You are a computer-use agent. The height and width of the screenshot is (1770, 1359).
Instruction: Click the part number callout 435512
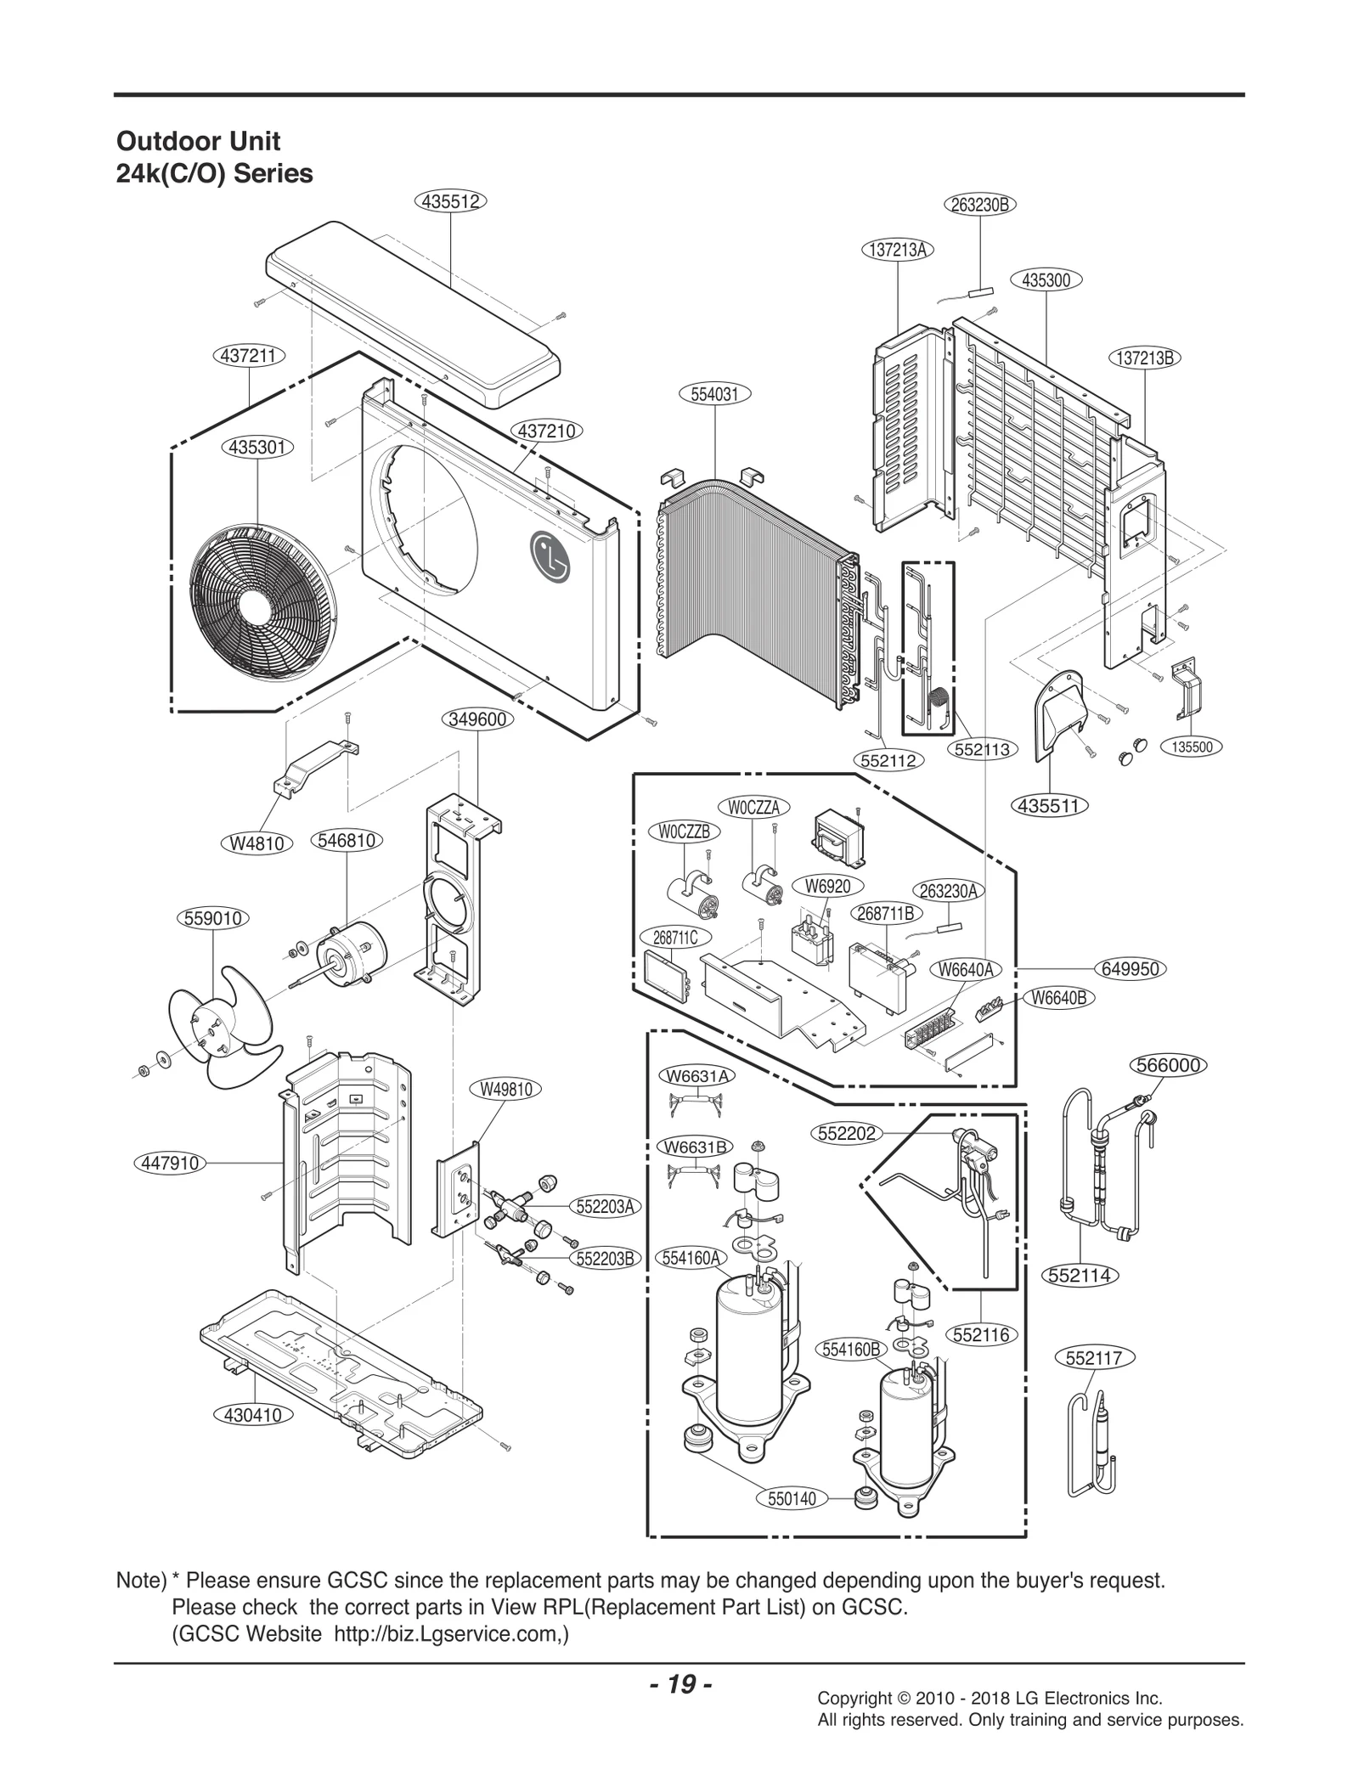tap(450, 201)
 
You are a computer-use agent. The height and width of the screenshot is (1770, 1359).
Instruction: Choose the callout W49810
tap(505, 1089)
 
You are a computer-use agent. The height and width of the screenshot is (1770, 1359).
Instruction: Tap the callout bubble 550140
tap(792, 1498)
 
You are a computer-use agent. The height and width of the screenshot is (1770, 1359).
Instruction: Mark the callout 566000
tap(1168, 1065)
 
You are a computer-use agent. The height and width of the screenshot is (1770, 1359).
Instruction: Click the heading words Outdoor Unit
tap(198, 141)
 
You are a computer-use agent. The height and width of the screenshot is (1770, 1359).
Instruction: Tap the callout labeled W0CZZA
tap(753, 807)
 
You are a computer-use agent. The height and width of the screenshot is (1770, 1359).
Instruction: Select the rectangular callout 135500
tap(1192, 747)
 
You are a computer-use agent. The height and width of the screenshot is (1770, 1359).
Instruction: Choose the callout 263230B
tap(979, 205)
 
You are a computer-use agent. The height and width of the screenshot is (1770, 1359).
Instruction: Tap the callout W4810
tap(257, 843)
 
